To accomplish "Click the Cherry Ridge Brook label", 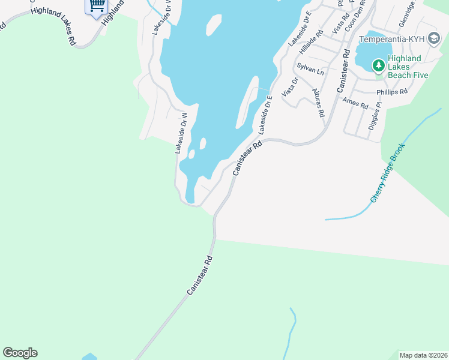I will [x=389, y=172].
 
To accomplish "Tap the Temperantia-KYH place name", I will [x=391, y=40].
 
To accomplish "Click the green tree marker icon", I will [x=379, y=65].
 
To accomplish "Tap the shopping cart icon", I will [x=96, y=6].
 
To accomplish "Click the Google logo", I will [x=20, y=353].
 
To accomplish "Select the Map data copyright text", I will [x=423, y=355].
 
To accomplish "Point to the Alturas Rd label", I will [x=318, y=102].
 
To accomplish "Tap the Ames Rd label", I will [x=355, y=103].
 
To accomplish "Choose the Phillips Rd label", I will [x=392, y=92].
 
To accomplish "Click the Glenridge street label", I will [x=407, y=13].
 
